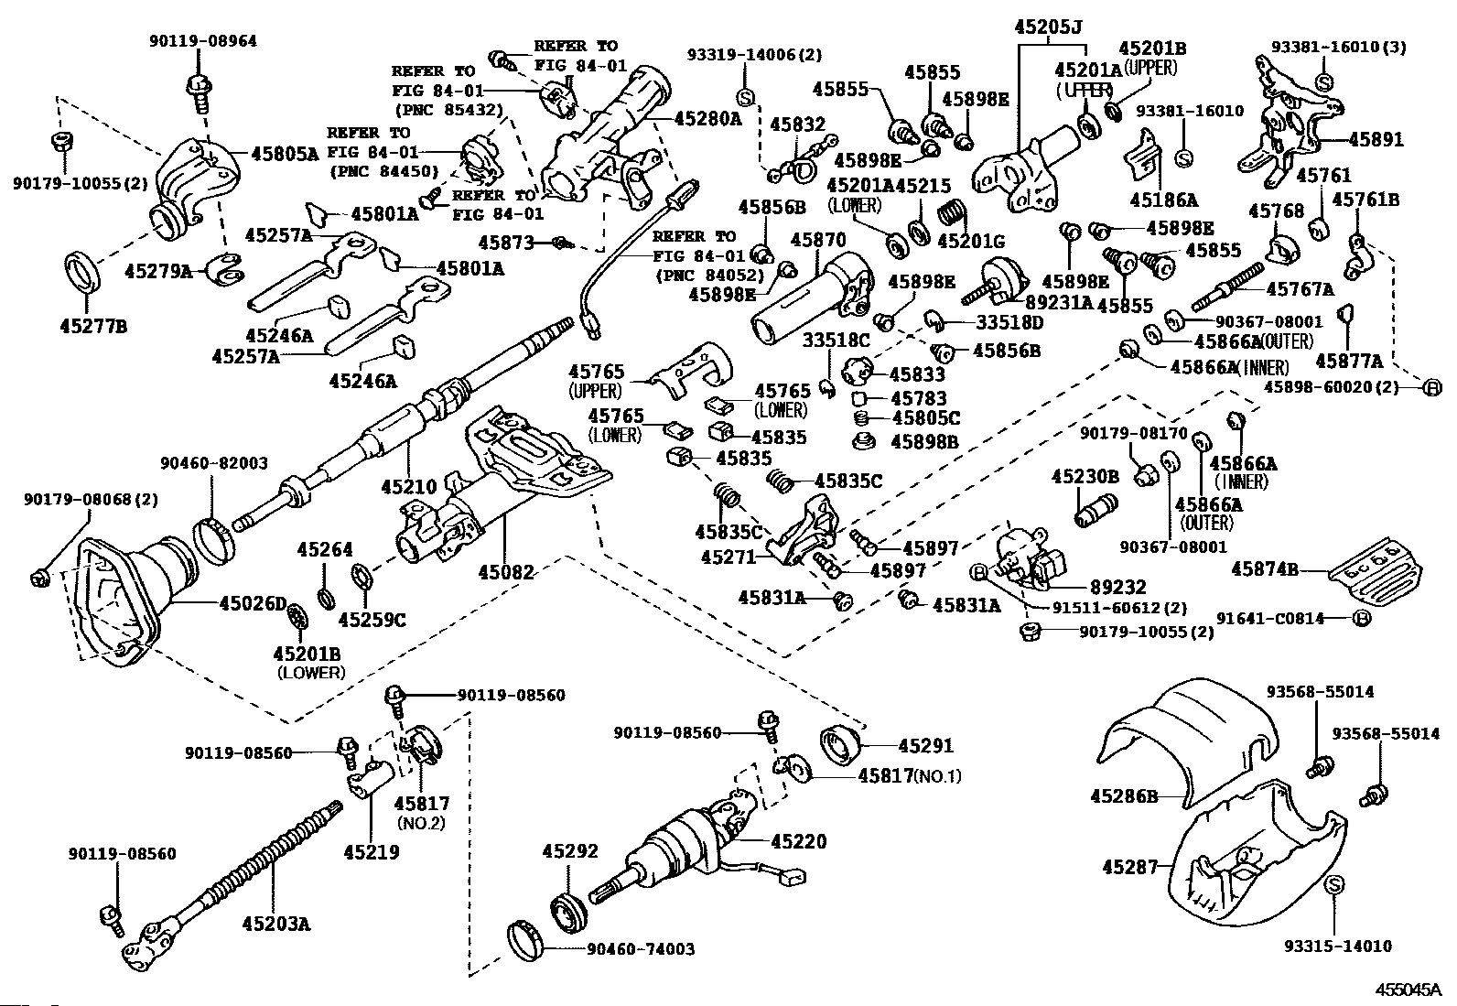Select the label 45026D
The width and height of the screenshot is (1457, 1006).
[253, 603]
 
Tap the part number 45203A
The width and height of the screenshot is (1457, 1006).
[276, 924]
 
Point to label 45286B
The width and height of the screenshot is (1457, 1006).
[1124, 796]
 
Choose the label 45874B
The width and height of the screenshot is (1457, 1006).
[1265, 569]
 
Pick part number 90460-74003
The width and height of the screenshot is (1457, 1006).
[640, 949]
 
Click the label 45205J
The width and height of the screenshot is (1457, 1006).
[1048, 27]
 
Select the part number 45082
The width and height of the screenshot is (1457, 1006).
[505, 572]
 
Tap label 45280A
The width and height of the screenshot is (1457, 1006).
[708, 118]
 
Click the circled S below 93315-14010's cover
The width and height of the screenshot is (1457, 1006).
[1333, 885]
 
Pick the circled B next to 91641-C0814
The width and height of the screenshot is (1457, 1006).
[1361, 618]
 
